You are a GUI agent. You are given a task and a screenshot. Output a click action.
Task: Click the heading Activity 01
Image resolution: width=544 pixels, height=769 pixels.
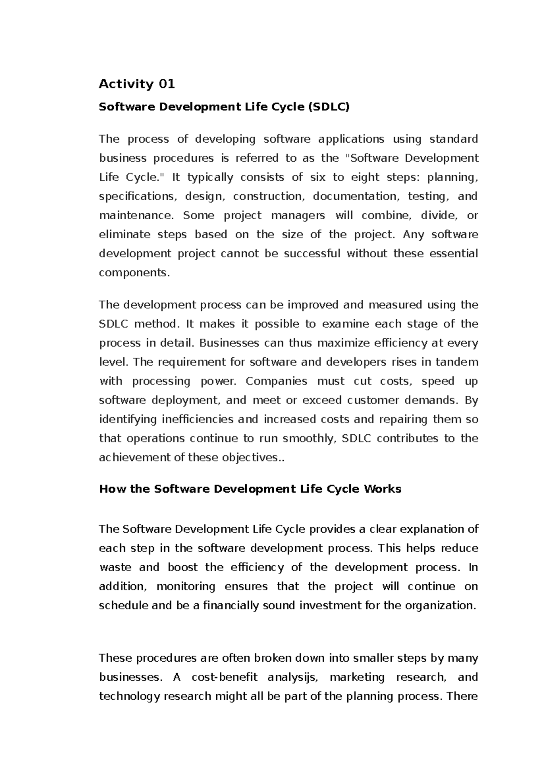pyautogui.click(x=137, y=84)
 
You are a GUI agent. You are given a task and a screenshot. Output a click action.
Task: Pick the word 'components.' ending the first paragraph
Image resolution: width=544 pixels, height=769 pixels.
pyautogui.click(x=134, y=273)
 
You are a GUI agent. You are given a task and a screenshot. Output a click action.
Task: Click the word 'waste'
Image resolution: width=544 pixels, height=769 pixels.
pyautogui.click(x=115, y=567)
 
